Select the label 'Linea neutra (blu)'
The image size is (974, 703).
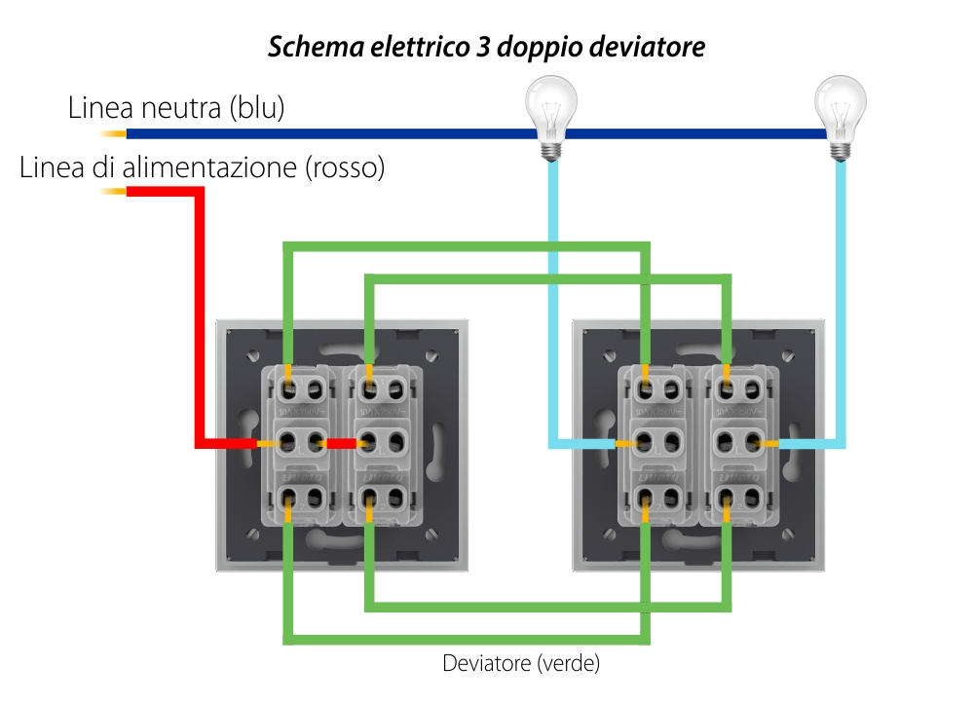pyautogui.click(x=176, y=108)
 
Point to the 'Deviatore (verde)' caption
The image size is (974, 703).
pyautogui.click(x=521, y=665)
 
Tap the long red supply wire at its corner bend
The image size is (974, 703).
pyautogui.click(x=201, y=192)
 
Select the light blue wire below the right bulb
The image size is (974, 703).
pyautogui.click(x=843, y=292)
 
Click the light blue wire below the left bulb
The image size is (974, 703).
pyautogui.click(x=552, y=292)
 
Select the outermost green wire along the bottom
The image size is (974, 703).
pyautogui.click(x=468, y=640)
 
